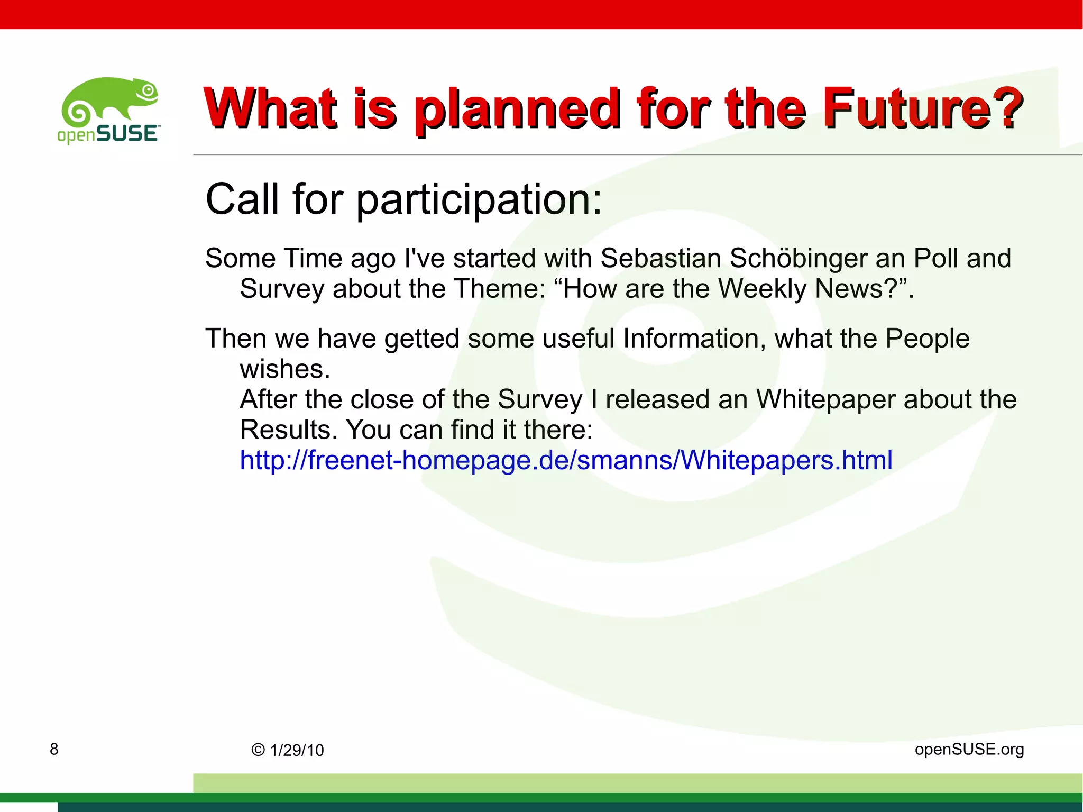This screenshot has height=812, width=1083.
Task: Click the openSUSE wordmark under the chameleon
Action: pyautogui.click(x=108, y=134)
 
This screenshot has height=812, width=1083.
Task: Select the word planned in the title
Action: pyautogui.click(x=517, y=109)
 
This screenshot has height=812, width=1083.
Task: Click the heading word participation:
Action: pyautogui.click(x=479, y=200)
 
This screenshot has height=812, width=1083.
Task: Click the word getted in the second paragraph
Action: pyautogui.click(x=421, y=339)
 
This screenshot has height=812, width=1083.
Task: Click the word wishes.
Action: pyautogui.click(x=284, y=369)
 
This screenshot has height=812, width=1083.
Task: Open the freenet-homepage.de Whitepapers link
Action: pyautogui.click(x=566, y=460)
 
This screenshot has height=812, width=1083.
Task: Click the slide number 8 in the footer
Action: pyautogui.click(x=54, y=749)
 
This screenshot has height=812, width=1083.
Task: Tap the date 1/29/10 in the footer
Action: pyautogui.click(x=297, y=750)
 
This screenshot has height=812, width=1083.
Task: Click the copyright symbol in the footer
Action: pyautogui.click(x=258, y=750)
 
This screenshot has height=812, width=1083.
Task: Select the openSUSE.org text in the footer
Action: pyautogui.click(x=969, y=749)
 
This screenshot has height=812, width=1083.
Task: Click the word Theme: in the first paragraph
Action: pyautogui.click(x=499, y=289)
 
